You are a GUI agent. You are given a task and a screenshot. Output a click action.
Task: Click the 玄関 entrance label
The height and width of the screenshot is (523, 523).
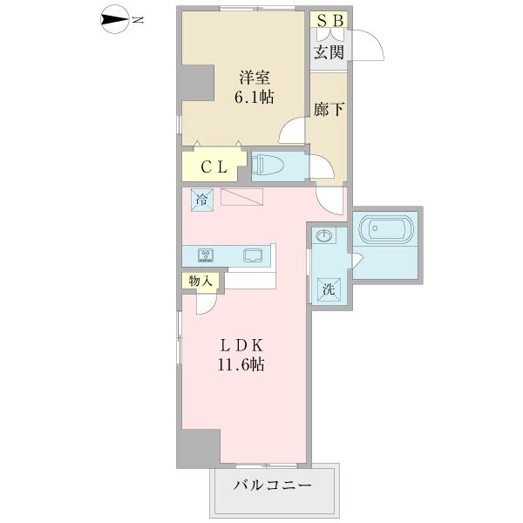tap(328, 52)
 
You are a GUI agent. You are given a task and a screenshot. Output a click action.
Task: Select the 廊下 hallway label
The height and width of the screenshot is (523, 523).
tap(328, 112)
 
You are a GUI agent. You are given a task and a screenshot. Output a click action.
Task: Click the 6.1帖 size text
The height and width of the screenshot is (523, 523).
tap(253, 98)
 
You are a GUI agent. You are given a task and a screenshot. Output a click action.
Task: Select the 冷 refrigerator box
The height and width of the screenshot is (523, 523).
tap(202, 200)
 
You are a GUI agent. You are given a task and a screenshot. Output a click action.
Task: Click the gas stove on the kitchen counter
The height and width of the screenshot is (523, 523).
tap(207, 255)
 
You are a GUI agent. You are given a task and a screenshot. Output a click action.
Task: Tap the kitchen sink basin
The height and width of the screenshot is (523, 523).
tap(254, 255)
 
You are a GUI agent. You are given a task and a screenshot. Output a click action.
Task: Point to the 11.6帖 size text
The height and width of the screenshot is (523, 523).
tap(241, 366)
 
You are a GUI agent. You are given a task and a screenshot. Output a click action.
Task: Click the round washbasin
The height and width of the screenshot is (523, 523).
tap(323, 237)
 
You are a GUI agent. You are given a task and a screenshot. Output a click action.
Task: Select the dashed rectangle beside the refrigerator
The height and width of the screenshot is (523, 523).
tap(242, 198)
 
